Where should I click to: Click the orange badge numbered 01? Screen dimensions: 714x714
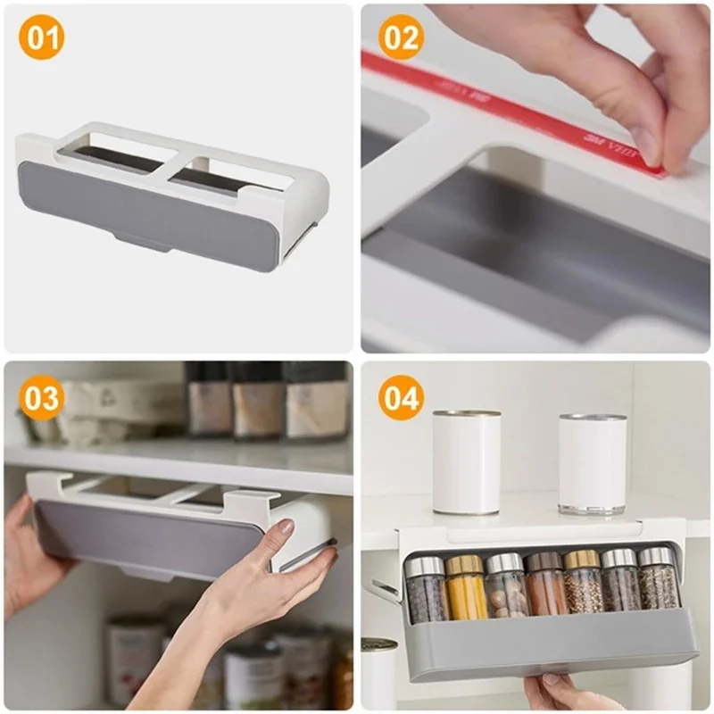[x=43, y=40]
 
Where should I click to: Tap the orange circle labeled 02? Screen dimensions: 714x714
[x=401, y=40]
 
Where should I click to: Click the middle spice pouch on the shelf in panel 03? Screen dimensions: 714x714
[x=257, y=402]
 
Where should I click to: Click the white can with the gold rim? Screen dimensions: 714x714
[x=467, y=461]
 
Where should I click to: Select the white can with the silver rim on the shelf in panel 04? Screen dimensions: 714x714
[x=593, y=462]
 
